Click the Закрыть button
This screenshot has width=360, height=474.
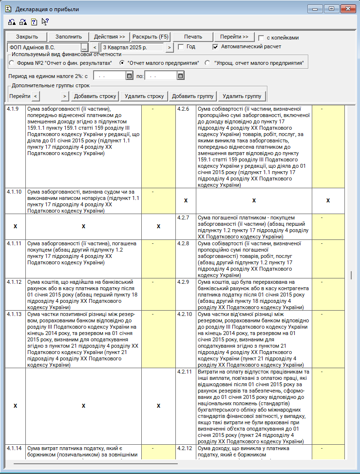click(x=27, y=37)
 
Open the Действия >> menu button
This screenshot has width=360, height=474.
click(x=110, y=37)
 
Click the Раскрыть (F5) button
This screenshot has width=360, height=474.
click(x=151, y=37)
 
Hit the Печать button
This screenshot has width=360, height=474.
click(x=193, y=37)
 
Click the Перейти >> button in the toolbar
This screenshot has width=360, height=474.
click(x=234, y=37)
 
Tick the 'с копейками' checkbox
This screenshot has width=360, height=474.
click(x=262, y=38)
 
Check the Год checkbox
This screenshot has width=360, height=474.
click(x=181, y=47)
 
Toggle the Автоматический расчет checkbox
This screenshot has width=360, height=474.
click(x=216, y=47)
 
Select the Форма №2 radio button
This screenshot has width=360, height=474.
click(x=12, y=63)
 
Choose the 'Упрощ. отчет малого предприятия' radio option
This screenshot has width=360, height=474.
click(x=208, y=63)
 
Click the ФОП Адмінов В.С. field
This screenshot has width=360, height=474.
click(x=44, y=47)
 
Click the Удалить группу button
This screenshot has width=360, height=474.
click(x=242, y=96)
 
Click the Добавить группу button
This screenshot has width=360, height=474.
click(x=193, y=96)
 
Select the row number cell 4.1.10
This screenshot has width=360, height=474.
click(x=15, y=192)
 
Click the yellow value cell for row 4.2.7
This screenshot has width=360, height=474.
click(x=328, y=226)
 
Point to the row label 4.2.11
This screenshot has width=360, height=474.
click(x=186, y=372)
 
